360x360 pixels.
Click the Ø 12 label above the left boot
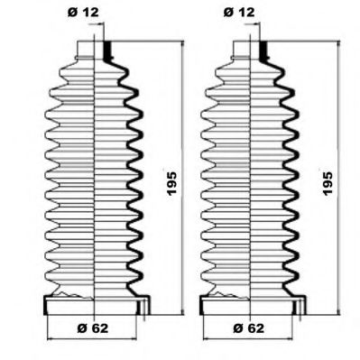(x=83, y=12)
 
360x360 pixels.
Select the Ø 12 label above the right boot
(x=238, y=12)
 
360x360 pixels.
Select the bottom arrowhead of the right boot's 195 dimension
(x=340, y=307)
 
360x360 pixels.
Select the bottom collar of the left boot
(x=95, y=304)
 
